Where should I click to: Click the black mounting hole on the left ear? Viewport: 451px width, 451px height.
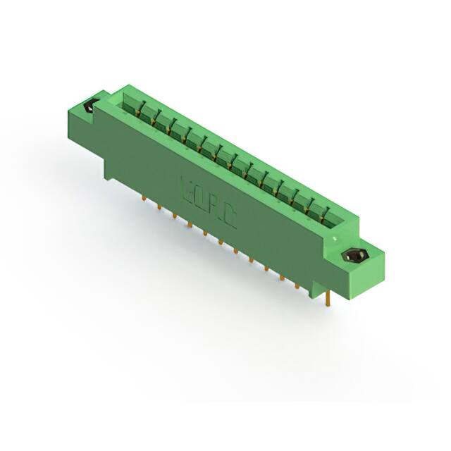89,108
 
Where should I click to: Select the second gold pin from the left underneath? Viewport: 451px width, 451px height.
159,209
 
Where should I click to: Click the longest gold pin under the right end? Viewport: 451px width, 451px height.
330,299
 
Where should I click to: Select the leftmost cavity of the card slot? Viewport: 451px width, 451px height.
130,105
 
